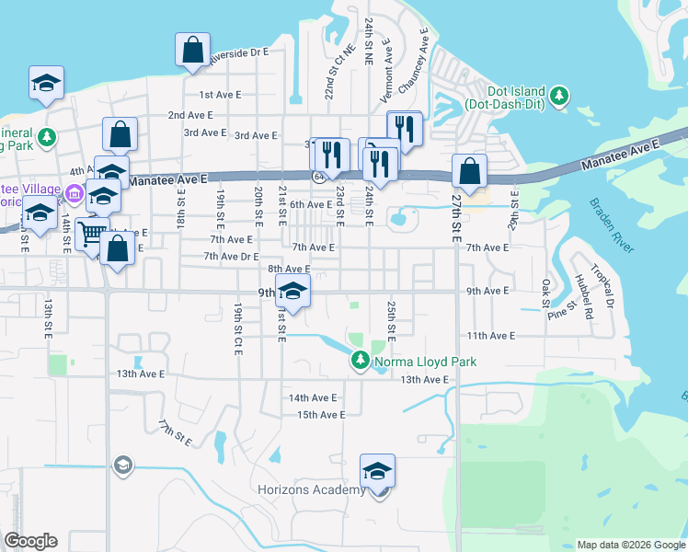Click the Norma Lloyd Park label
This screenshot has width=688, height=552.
(425, 362)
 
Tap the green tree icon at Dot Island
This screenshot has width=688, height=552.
(557, 95)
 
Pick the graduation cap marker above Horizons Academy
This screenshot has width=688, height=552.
(377, 471)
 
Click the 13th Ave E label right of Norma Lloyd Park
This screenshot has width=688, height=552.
(424, 379)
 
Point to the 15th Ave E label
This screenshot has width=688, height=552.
(320, 415)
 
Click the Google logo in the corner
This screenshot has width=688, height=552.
(30, 541)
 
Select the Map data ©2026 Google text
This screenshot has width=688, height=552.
(631, 545)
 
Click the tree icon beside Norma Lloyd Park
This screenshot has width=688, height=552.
(360, 362)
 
